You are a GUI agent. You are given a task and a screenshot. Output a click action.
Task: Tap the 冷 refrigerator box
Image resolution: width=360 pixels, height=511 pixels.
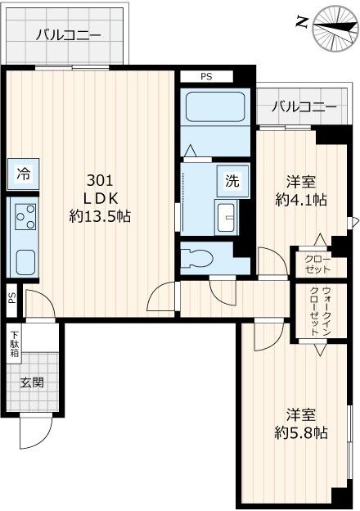[x=25, y=174]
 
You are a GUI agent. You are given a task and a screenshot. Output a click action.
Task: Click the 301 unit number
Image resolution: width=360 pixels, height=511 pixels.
[x=101, y=179]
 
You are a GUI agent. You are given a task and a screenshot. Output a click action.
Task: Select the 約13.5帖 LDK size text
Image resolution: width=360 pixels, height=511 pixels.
[x=101, y=216]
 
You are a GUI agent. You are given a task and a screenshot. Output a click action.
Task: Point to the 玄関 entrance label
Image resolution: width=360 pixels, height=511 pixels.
[x=34, y=383]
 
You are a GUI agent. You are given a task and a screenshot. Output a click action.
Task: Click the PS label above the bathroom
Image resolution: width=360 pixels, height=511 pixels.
[x=207, y=76]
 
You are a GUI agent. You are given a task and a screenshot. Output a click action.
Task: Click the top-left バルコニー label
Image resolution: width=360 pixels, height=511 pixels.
[x=68, y=34]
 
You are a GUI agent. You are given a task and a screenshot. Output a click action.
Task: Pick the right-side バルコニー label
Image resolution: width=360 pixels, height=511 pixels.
[x=304, y=106]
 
